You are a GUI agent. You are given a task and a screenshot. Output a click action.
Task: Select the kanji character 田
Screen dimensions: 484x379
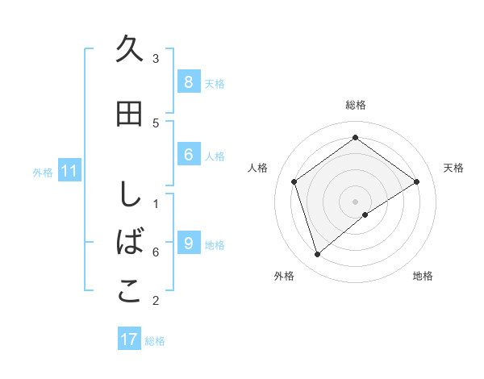click(129, 115)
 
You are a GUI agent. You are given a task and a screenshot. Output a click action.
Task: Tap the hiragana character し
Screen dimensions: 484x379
click(129, 194)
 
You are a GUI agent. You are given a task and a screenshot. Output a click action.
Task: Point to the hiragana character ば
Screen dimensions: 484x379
click(129, 243)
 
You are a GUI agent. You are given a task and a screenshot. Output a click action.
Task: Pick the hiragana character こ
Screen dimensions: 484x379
click(129, 292)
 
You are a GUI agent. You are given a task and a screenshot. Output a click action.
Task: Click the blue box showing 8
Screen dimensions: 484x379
click(188, 82)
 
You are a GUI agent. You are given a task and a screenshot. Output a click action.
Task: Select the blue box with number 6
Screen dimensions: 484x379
click(188, 156)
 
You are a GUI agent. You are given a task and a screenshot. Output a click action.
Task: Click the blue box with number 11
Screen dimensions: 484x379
click(69, 171)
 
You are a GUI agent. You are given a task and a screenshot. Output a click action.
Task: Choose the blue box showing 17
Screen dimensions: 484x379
click(129, 339)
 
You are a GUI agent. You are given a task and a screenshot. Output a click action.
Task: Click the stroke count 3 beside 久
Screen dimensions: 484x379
click(156, 58)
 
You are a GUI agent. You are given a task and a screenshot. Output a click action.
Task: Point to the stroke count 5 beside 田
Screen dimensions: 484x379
click(156, 123)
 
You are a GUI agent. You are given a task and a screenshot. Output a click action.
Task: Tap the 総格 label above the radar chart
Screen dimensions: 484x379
click(355, 105)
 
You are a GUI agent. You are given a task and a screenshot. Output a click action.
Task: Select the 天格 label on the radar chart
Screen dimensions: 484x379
click(453, 168)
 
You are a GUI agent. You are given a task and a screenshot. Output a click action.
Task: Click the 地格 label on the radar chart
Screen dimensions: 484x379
click(423, 276)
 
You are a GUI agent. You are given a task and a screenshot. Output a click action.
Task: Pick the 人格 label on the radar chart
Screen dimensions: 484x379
click(258, 168)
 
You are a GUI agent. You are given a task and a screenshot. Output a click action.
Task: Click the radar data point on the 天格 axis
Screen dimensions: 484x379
click(416, 181)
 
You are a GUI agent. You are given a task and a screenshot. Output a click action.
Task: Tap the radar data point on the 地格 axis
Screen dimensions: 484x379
click(365, 214)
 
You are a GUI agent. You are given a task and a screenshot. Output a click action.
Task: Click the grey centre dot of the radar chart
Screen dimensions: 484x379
click(355, 201)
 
